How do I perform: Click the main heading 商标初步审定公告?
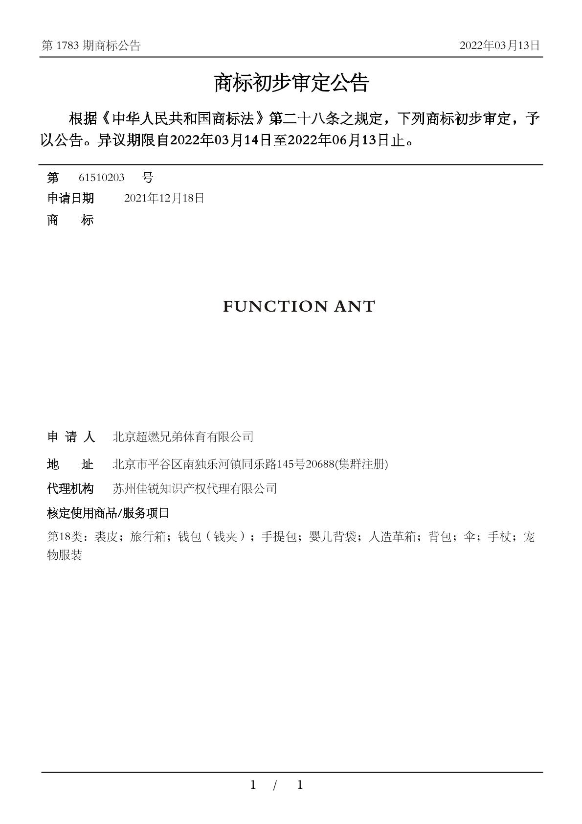tap(291, 83)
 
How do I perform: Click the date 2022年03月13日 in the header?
tap(499, 46)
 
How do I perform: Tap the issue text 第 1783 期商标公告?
tap(91, 46)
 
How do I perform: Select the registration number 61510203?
tap(102, 177)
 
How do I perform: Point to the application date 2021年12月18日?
tap(164, 198)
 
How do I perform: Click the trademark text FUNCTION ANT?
tap(299, 306)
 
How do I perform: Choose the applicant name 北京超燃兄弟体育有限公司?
tap(183, 436)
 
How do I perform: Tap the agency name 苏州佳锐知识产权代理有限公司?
tap(195, 488)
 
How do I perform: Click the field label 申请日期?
tap(70, 198)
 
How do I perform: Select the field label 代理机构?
tap(70, 488)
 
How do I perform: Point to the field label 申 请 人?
tap(70, 436)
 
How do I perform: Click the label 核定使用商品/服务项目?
tap(108, 513)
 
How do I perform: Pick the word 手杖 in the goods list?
tap(499, 537)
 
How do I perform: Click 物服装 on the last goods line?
tap(65, 555)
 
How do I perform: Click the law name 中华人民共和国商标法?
tap(184, 119)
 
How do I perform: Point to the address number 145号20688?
tap(305, 464)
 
